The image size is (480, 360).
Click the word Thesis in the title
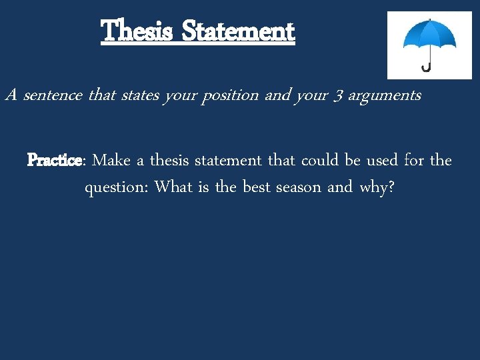click(137, 31)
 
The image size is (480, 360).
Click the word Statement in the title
click(237, 31)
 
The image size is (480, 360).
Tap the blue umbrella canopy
click(429, 37)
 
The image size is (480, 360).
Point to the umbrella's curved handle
click(425, 67)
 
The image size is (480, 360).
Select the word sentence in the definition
click(53, 95)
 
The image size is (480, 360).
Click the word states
click(139, 95)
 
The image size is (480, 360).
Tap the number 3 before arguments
click(337, 96)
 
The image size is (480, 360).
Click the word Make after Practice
click(111, 161)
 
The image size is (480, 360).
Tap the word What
click(173, 187)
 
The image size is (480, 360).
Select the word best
click(256, 187)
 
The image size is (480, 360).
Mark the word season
click(299, 188)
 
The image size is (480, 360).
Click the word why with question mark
click(377, 188)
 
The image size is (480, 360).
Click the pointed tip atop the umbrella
click(429, 19)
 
